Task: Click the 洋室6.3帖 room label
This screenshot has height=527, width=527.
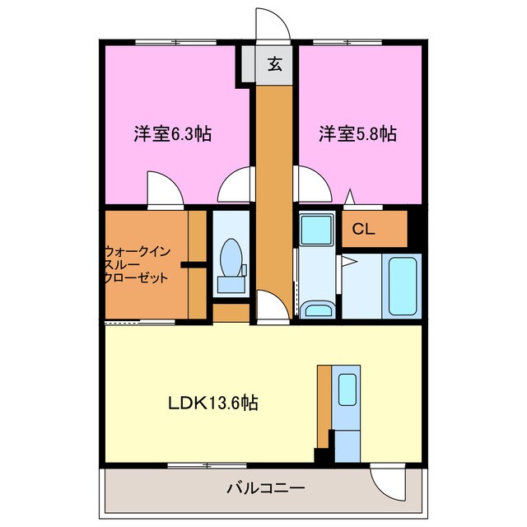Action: click(172, 133)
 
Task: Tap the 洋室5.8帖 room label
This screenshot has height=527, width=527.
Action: click(358, 133)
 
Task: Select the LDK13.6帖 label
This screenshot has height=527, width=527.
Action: click(213, 403)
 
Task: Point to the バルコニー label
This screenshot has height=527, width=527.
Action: click(266, 487)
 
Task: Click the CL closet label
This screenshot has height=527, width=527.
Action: click(364, 230)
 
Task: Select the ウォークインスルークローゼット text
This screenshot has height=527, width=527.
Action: click(136, 264)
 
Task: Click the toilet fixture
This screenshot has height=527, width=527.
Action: click(231, 263)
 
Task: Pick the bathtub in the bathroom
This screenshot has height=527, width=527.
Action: click(403, 285)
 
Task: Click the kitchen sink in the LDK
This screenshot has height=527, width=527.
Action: click(347, 389)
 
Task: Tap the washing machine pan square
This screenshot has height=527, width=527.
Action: click(315, 227)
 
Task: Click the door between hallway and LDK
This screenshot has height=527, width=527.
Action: click(273, 307)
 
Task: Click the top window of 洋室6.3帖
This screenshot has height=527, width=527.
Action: click(175, 41)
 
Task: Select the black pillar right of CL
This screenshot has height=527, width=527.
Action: click(415, 231)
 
